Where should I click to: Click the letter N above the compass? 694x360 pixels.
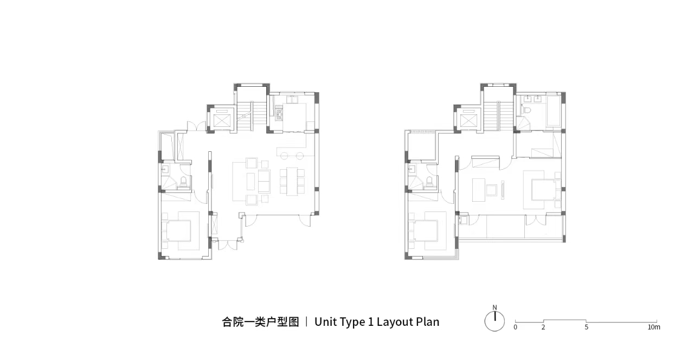tap(494, 307)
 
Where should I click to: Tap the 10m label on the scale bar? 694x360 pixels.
tap(654, 327)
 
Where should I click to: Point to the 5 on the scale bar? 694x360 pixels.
tap(586, 327)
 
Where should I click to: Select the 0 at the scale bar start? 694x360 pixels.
tap(515, 327)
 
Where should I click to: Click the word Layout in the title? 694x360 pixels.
tap(394, 322)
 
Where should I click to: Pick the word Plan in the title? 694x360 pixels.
tap(428, 322)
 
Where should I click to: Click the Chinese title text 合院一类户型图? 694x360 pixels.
tap(261, 322)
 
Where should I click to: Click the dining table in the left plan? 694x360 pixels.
tap(292, 181)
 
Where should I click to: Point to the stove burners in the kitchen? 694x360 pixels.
tap(279, 113)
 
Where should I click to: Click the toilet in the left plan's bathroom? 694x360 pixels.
tap(183, 182)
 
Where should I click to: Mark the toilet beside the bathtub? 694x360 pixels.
tap(527, 110)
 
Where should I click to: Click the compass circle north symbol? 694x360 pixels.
tap(494, 322)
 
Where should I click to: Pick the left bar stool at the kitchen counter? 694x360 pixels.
tap(285, 156)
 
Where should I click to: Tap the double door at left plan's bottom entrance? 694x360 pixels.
tap(228, 245)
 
